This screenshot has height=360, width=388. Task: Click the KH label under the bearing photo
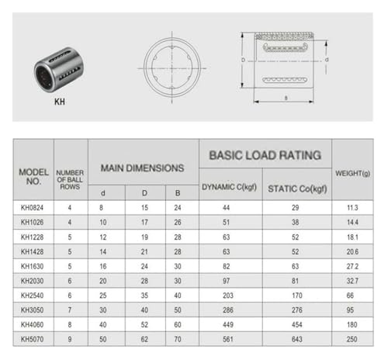[60, 102]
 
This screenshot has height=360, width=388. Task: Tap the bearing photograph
[59, 69]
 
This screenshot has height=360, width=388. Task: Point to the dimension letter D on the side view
[243, 60]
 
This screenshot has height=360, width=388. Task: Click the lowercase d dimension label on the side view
[327, 60]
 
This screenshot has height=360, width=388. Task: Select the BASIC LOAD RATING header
[265, 155]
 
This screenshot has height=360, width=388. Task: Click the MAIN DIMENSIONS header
[143, 168]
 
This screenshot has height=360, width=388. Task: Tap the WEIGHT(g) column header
[352, 173]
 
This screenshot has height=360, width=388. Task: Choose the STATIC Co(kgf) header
[297, 189]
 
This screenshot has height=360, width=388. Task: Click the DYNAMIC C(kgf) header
[229, 187]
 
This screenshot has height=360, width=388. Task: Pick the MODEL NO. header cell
[33, 177]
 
